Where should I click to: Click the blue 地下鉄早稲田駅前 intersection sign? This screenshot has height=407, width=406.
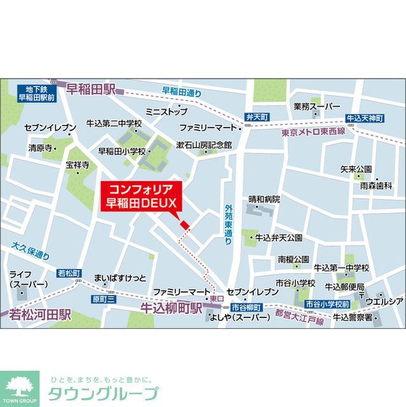[36, 93]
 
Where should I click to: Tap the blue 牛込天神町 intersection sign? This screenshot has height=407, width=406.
[365, 118]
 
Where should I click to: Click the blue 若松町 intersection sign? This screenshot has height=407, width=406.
[69, 273]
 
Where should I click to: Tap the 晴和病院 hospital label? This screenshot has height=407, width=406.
[264, 199]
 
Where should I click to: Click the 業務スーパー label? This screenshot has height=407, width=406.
[317, 106]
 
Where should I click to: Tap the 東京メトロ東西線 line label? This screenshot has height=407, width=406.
[313, 131]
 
